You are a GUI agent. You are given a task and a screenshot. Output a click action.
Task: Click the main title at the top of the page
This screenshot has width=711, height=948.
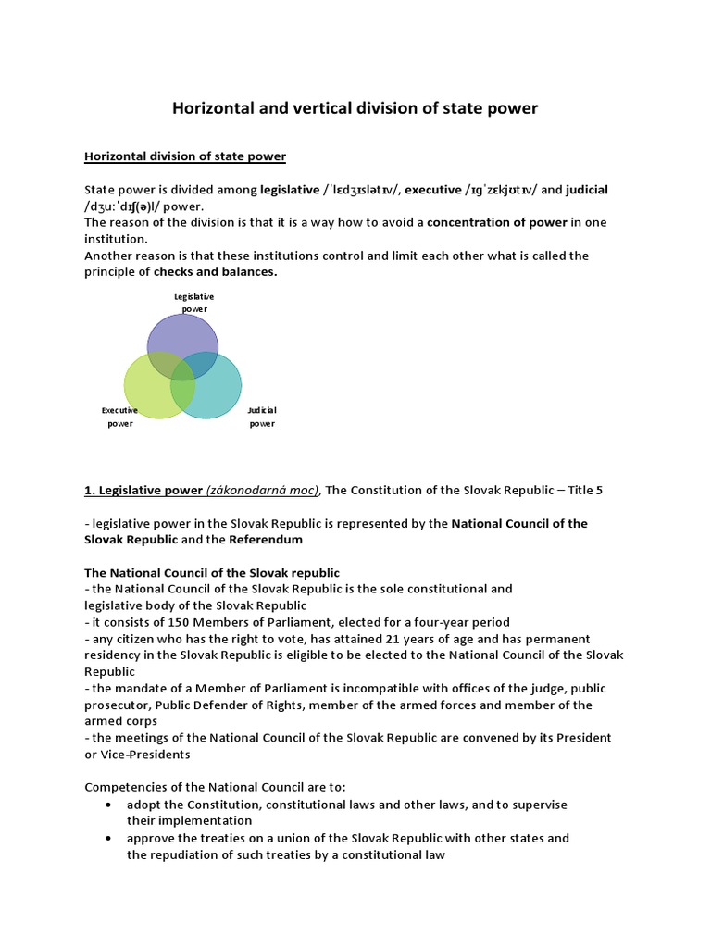point(355,108)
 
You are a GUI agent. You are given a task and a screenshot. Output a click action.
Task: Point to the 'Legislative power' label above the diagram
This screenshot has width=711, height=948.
point(194,302)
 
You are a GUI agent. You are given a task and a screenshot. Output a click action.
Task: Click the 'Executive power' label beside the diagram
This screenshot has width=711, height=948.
point(120,417)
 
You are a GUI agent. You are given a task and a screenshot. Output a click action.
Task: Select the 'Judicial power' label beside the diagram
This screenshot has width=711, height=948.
point(262,417)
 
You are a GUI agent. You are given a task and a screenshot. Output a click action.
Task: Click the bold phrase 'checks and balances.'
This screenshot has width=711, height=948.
point(215,272)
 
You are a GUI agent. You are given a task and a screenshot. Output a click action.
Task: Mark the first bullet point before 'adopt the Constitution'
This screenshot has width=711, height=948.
point(110,805)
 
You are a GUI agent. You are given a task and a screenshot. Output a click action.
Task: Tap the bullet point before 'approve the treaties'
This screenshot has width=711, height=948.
point(110,838)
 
